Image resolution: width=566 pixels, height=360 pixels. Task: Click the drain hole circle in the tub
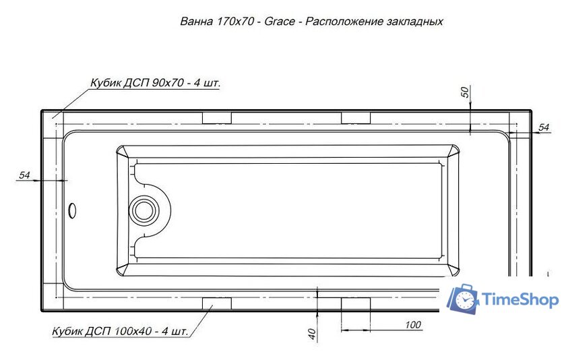pos(144,210)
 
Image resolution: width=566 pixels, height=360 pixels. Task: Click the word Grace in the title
pos(279,22)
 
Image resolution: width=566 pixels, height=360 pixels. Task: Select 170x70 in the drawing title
pos(236,22)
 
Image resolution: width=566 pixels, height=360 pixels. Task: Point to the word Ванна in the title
pos(196,22)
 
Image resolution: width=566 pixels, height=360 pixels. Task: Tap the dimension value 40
pos(311,332)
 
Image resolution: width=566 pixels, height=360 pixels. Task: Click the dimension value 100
pos(413,325)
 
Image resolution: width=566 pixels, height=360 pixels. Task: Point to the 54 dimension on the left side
pos(25,175)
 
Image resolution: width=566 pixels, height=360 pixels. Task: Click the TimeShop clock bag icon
pos(464,299)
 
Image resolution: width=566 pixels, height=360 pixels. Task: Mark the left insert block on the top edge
pos(217,119)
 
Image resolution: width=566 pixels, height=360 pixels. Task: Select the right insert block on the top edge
pos(356,119)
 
